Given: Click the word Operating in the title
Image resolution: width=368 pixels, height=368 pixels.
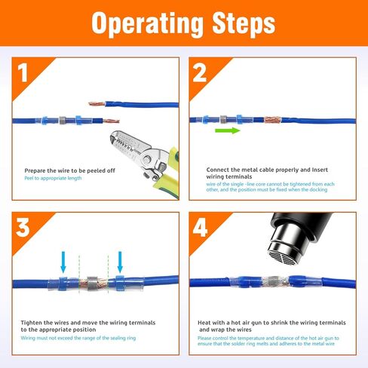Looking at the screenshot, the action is click(148, 23).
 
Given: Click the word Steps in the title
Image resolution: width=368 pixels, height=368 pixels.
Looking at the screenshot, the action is click(244, 23).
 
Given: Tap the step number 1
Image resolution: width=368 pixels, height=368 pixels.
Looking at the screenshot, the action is click(23, 72).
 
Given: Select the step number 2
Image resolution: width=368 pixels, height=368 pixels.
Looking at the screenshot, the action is click(200, 72).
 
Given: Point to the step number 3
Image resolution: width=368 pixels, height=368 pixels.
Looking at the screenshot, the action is click(23, 228).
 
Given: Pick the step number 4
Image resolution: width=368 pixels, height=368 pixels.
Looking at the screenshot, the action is click(200, 228).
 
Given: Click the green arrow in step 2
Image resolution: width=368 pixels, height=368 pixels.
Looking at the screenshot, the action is click(228, 130).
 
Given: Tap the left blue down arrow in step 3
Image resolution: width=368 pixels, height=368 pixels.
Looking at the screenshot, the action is click(63, 262).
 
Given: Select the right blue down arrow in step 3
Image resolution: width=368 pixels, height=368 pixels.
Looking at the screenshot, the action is click(120, 262).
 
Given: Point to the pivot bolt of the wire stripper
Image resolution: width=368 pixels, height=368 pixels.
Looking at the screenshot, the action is click(148, 159).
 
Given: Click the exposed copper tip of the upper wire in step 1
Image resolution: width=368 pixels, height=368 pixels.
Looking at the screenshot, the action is click(97, 103).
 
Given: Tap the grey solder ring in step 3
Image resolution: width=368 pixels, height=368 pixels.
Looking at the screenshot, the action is click(92, 284).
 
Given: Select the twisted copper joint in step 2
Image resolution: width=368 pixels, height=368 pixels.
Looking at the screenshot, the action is click(272, 120).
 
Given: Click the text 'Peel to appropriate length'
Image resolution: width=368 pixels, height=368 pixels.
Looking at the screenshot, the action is click(53, 178).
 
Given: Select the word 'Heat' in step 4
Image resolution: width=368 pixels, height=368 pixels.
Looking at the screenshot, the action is click(204, 323).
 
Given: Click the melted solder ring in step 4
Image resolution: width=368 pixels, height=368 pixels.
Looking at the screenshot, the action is click(274, 281).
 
